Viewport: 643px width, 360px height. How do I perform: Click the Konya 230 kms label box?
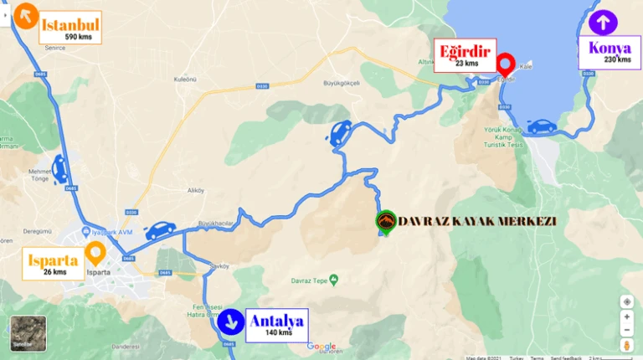pyautogui.click(x=610, y=52)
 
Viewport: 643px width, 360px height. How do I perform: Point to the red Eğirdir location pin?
pyautogui.click(x=505, y=64)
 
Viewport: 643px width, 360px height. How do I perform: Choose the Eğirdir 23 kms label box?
pyautogui.click(x=466, y=55)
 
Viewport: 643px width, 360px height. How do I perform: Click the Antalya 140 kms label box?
pyautogui.click(x=276, y=324)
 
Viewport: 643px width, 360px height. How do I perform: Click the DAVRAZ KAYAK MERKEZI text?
pyautogui.click(x=477, y=221)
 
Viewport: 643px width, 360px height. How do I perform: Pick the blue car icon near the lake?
pyautogui.click(x=542, y=126)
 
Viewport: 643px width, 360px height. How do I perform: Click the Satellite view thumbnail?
pyautogui.click(x=23, y=333)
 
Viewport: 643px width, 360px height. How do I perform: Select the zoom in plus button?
pyautogui.click(x=627, y=317)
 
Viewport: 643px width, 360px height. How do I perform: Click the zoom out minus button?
pyautogui.click(x=627, y=330)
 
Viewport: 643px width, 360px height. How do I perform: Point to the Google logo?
pyautogui.click(x=321, y=346)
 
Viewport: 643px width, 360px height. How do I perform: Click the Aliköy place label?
pyautogui.click(x=196, y=190)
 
